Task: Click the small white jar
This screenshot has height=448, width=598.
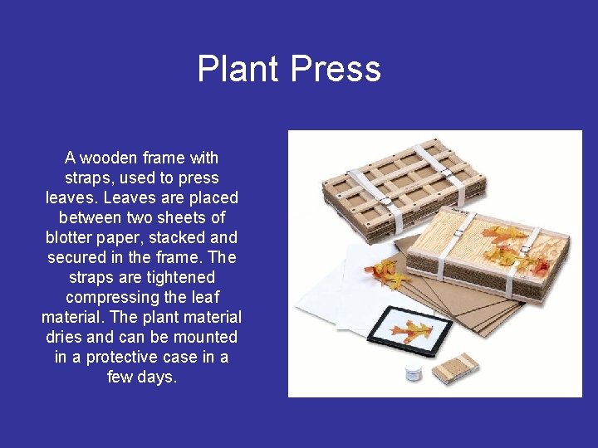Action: (414, 373)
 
